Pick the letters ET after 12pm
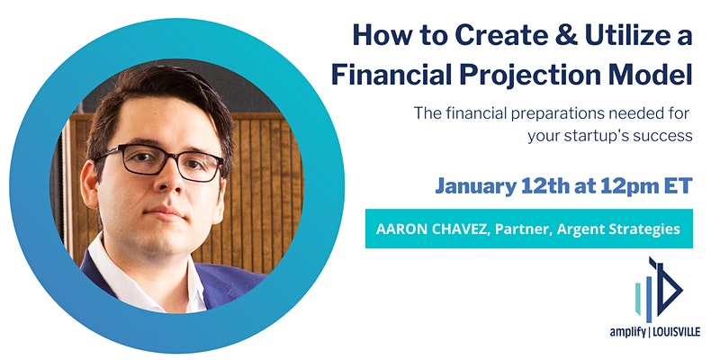point(679,186)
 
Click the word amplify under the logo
point(627,332)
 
